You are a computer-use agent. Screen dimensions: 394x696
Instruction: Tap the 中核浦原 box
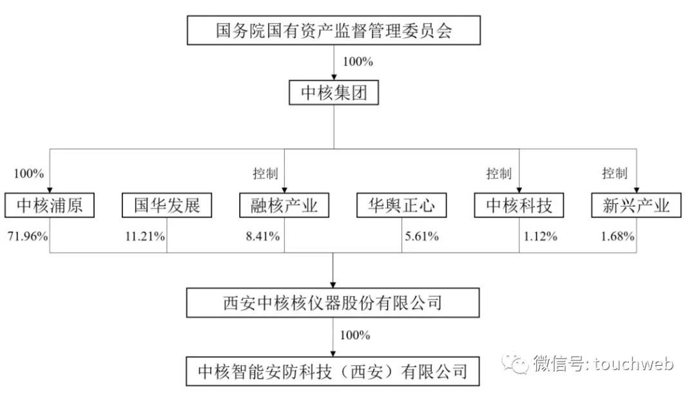tap(50, 206)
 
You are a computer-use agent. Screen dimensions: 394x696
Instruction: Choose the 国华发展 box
tap(167, 206)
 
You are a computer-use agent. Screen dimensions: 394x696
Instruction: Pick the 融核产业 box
tap(284, 206)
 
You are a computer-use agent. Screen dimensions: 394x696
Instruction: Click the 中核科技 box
tap(519, 206)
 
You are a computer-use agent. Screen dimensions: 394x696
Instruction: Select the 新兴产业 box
tap(635, 206)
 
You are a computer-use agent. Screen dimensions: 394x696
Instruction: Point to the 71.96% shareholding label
tap(27, 236)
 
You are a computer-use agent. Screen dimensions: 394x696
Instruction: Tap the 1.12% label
tap(540, 236)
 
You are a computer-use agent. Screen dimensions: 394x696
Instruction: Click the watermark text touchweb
tap(634, 364)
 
